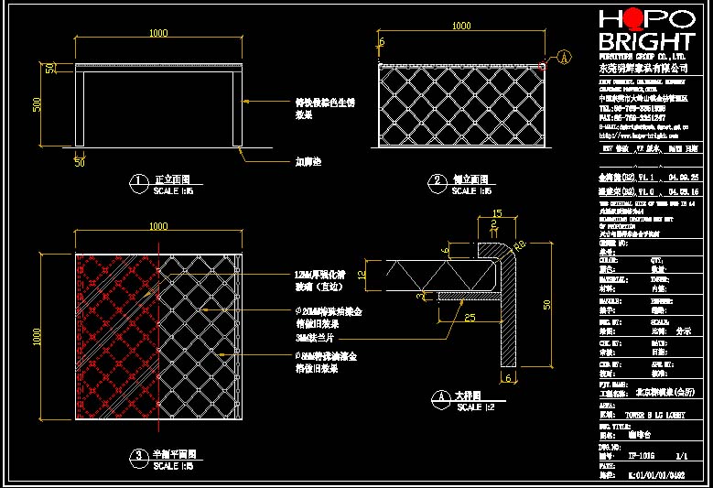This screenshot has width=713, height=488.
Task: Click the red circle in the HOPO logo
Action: (x=634, y=19)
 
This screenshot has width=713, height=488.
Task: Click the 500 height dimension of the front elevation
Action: (x=38, y=104)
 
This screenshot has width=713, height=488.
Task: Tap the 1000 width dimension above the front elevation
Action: (x=158, y=33)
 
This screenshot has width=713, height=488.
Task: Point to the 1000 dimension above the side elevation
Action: (x=461, y=27)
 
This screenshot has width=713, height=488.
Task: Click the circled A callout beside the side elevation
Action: (x=564, y=57)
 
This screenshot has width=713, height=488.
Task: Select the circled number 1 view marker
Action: (x=138, y=182)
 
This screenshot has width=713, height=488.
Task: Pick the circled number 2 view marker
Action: (x=438, y=182)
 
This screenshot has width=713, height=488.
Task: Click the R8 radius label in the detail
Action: (x=520, y=244)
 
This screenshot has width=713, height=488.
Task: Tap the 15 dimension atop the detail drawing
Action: (x=497, y=214)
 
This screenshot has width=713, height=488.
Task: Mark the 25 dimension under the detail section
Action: (x=469, y=318)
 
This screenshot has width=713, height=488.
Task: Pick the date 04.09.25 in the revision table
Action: (x=683, y=177)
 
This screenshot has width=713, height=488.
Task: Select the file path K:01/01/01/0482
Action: (x=656, y=475)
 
